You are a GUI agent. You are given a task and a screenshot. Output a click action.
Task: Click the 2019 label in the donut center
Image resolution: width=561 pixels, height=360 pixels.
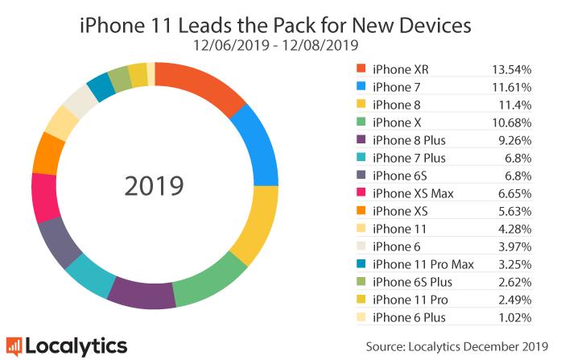(x=155, y=186)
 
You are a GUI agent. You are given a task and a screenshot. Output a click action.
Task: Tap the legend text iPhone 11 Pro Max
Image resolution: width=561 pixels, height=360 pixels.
(x=423, y=264)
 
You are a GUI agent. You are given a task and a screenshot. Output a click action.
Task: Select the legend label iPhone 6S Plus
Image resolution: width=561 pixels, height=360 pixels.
(x=413, y=281)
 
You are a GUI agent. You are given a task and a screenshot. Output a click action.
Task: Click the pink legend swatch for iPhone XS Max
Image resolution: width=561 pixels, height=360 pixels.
(x=360, y=192)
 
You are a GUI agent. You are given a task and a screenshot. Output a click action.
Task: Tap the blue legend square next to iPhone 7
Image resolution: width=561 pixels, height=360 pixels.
(x=360, y=85)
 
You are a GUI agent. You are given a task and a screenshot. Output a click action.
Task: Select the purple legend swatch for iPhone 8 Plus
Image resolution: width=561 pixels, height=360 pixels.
(x=360, y=139)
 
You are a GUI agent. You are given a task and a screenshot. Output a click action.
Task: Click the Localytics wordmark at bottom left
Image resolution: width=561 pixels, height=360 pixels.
(x=76, y=346)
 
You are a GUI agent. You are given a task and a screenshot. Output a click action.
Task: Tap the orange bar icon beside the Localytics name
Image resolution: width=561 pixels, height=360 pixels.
(x=14, y=346)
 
